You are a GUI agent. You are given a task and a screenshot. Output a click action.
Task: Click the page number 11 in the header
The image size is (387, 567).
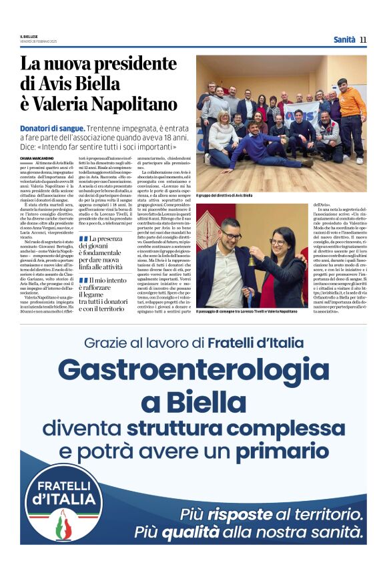coord(363,39)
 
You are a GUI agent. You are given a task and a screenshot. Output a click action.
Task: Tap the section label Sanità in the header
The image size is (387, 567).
coord(344,39)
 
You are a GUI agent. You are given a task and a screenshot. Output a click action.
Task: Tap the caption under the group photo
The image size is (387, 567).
coord(224,195)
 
